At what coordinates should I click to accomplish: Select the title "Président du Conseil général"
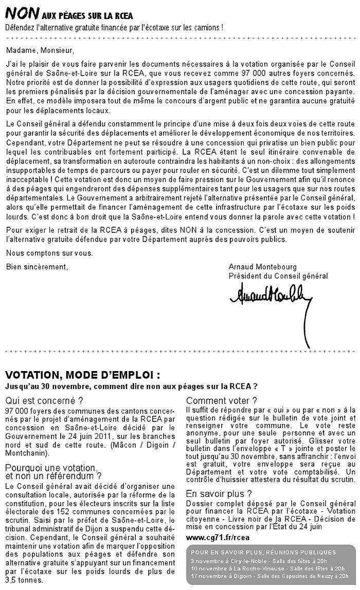pyautogui.click(x=278, y=276)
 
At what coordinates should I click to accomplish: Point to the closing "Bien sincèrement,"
pyautogui.click(x=37, y=267)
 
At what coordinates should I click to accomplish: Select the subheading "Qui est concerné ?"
pyautogui.click(x=44, y=401)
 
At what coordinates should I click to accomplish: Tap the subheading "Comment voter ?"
pyautogui.click(x=221, y=401)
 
